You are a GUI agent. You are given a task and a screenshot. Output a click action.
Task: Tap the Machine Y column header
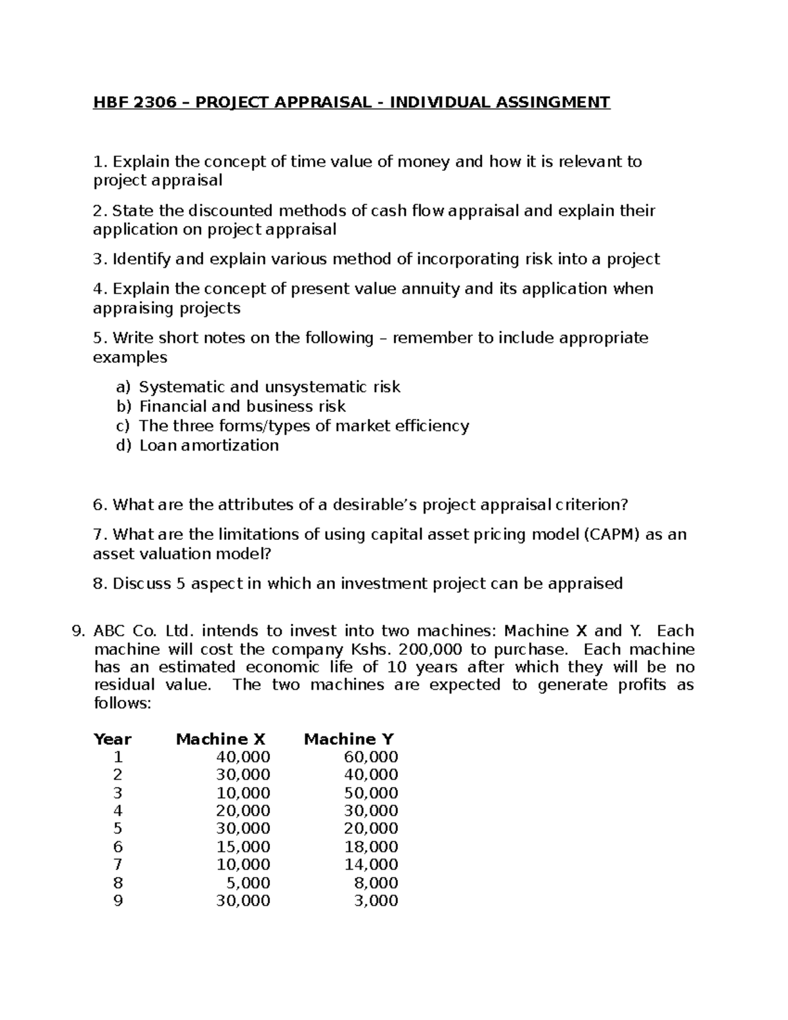349,739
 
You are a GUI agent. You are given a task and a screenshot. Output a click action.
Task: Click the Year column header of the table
112,739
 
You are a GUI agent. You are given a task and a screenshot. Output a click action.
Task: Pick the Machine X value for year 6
243,847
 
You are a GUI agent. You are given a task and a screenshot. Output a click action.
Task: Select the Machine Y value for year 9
376,900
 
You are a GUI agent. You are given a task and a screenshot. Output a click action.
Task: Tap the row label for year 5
118,829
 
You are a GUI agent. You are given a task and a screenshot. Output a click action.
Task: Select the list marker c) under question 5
123,426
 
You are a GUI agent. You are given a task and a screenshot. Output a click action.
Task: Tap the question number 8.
99,583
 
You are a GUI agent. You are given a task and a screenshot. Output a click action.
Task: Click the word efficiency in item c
427,426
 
